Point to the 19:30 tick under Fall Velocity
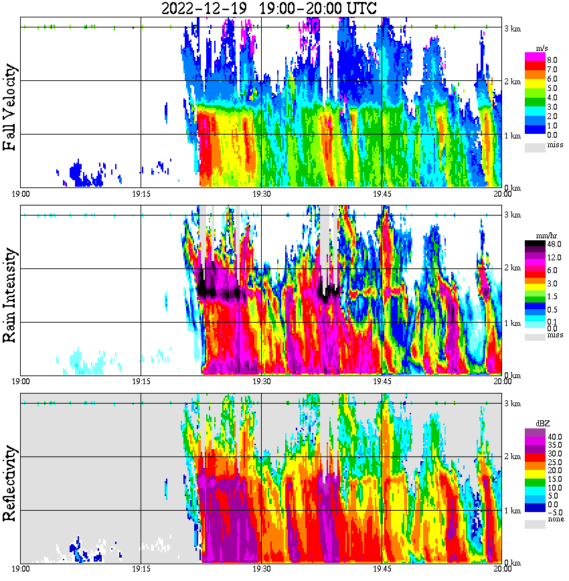pos(261,193)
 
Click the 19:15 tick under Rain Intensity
pos(141,382)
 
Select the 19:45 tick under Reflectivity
pos(382,569)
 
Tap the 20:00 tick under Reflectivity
pos(502,569)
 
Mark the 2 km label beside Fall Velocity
pos(513,82)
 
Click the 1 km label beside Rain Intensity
pos(513,323)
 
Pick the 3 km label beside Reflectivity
pos(513,404)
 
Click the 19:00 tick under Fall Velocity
pos(21,193)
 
